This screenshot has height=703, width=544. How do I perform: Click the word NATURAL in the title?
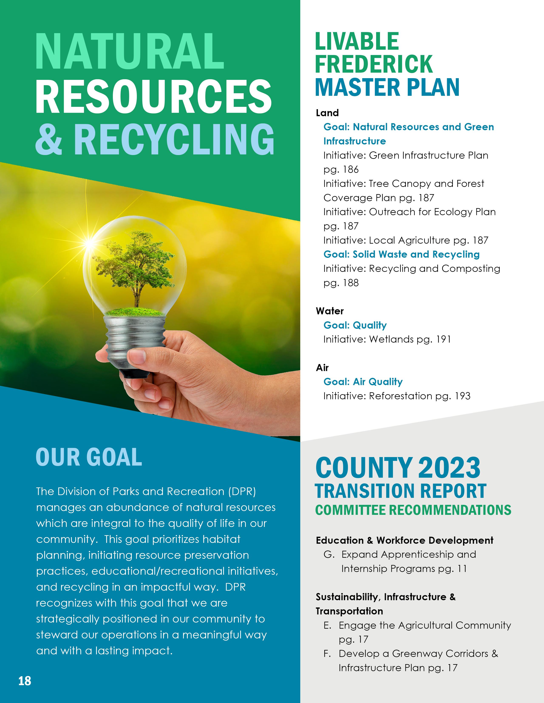(x=129, y=51)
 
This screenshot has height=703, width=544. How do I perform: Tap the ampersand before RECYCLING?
(x=48, y=139)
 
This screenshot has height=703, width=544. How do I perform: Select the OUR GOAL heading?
(x=89, y=457)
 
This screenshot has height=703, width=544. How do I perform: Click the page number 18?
(x=25, y=681)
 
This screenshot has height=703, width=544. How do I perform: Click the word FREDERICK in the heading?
(x=374, y=64)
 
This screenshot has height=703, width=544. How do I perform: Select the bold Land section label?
(x=327, y=113)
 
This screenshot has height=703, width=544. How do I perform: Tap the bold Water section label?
(x=330, y=311)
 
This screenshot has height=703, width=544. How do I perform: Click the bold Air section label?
(x=322, y=368)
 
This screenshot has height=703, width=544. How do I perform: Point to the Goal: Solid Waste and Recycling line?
(x=401, y=254)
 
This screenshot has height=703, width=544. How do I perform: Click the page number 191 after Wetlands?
(x=443, y=339)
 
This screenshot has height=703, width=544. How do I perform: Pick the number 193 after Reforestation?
(x=463, y=396)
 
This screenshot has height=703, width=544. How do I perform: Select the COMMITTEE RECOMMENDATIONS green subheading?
(x=413, y=510)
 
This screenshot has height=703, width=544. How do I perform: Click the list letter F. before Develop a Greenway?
(x=327, y=654)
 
